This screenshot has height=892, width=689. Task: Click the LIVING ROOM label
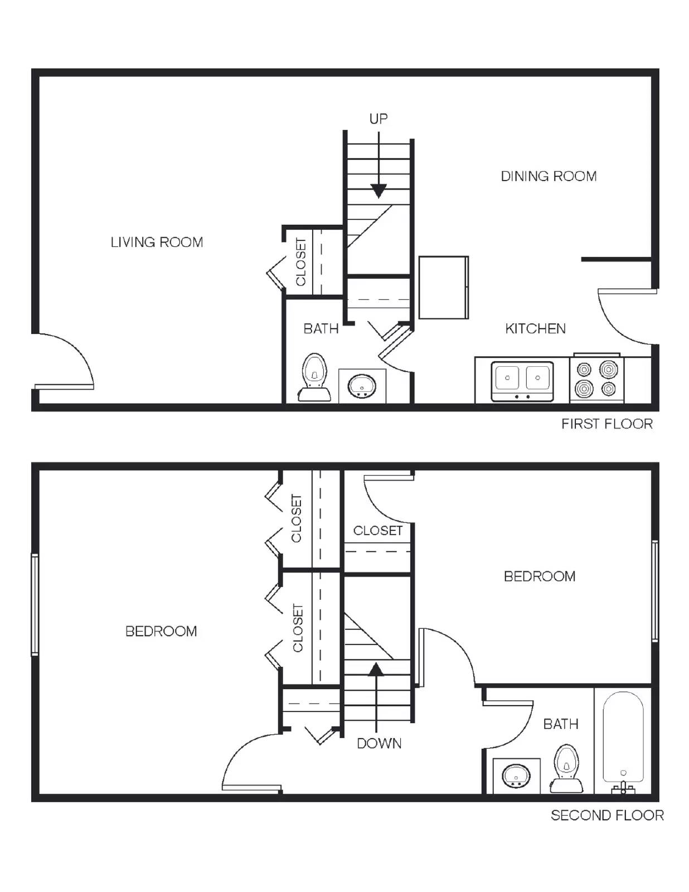(x=157, y=242)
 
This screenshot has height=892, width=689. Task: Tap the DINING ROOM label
(x=549, y=176)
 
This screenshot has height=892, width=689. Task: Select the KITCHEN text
(x=535, y=328)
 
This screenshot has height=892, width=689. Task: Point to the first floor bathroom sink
(x=362, y=385)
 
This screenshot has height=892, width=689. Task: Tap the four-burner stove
(x=596, y=379)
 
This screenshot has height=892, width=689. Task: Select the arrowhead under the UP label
(x=379, y=191)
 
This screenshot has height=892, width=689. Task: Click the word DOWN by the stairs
(x=379, y=743)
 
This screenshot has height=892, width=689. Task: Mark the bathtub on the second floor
(x=623, y=739)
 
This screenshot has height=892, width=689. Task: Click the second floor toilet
(x=566, y=768)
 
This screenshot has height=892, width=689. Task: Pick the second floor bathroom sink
(x=516, y=775)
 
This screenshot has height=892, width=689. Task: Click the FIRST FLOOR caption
(x=606, y=424)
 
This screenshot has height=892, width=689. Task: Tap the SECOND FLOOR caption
(x=607, y=815)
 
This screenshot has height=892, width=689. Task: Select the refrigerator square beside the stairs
(x=443, y=287)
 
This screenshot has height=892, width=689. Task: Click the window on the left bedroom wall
(x=35, y=604)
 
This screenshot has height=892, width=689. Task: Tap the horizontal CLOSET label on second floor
(x=377, y=530)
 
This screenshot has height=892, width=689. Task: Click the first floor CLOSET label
(x=301, y=262)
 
